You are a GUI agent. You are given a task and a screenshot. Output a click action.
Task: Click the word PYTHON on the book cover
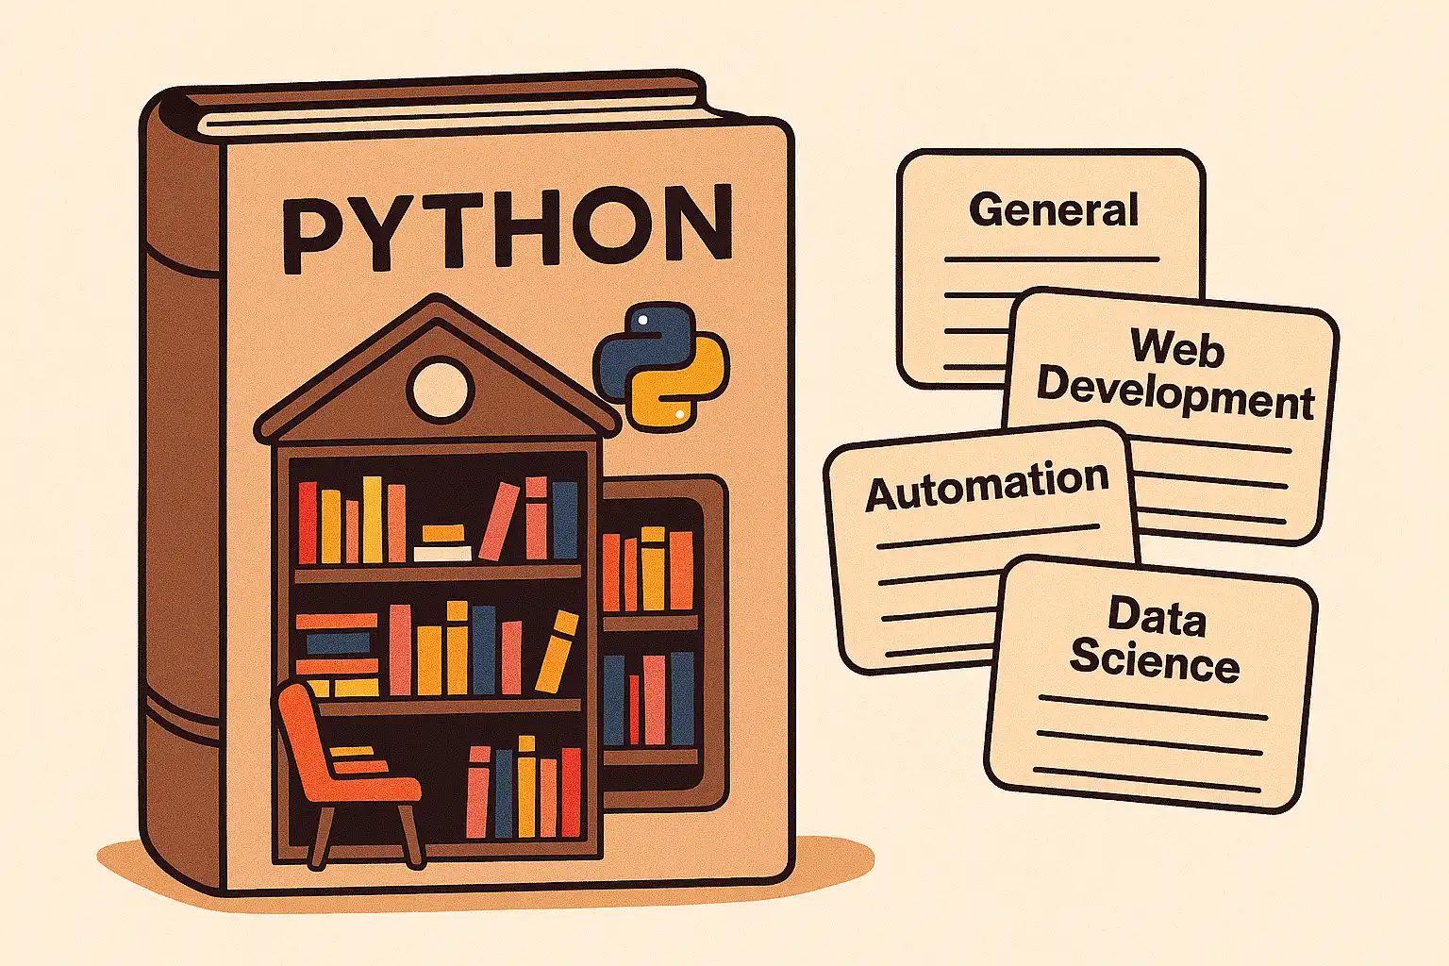(508, 226)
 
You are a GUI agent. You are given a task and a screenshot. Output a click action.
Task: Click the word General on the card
(1053, 209)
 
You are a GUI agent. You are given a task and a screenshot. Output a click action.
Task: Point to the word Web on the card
(1177, 347)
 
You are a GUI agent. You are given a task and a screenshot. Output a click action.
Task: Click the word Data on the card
(1157, 617)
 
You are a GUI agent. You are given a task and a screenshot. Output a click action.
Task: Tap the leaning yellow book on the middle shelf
(557, 651)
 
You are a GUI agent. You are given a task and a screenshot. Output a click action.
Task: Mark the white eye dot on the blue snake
(642, 321)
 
